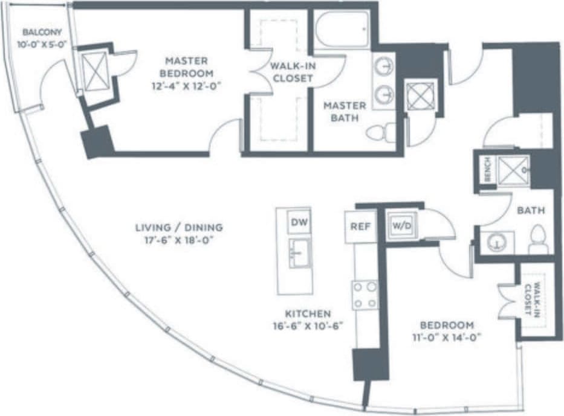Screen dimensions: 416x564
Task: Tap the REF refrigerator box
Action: pyautogui.click(x=360, y=227)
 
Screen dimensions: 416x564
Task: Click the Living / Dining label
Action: pyautogui.click(x=179, y=228)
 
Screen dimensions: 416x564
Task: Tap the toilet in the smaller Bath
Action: pyautogui.click(x=537, y=240)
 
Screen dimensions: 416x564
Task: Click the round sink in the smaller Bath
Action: pyautogui.click(x=497, y=242)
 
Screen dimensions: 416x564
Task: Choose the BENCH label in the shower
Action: pyautogui.click(x=487, y=168)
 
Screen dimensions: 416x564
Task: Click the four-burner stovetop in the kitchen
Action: pyautogui.click(x=365, y=295)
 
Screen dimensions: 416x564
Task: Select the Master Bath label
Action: pyautogui.click(x=345, y=112)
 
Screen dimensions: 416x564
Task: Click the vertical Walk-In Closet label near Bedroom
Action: pyautogui.click(x=533, y=300)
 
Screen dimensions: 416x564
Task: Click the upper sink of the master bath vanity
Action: pyautogui.click(x=384, y=66)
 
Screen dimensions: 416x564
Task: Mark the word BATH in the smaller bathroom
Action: pyautogui.click(x=531, y=211)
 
